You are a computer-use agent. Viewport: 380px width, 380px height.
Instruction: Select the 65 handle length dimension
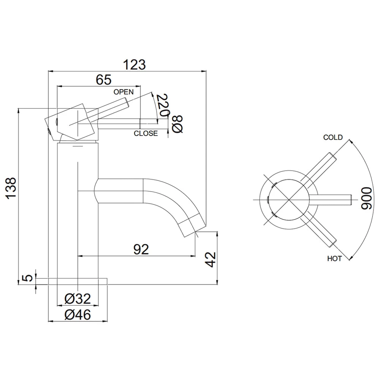tap(103, 80)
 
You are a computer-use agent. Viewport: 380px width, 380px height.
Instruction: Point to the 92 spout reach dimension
tap(141, 249)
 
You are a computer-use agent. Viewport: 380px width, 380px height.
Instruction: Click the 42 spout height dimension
tap(211, 259)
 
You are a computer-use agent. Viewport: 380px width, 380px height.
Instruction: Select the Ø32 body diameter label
tap(78, 299)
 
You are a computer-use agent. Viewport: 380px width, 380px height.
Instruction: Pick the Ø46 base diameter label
tap(78, 315)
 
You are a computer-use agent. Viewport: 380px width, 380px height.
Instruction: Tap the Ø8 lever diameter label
tap(178, 124)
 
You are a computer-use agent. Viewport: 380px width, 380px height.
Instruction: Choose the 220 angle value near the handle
tap(163, 106)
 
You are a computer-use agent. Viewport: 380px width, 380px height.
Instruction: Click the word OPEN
tap(123, 92)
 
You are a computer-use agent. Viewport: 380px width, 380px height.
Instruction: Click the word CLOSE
tap(146, 133)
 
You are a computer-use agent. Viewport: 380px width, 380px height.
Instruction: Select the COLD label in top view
tap(332, 138)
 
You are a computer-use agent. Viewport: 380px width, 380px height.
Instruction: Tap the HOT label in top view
tap(334, 259)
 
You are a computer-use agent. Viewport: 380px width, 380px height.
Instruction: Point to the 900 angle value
tap(367, 198)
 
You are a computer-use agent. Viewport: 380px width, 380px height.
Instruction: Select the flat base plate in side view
tap(78, 281)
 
